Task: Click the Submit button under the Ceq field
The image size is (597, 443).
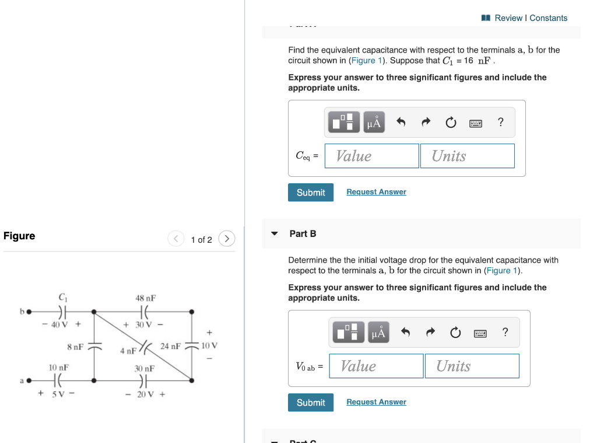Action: pyautogui.click(x=311, y=193)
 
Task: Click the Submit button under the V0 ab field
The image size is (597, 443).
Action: pyautogui.click(x=311, y=403)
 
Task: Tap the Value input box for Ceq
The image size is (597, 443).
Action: pyautogui.click(x=372, y=156)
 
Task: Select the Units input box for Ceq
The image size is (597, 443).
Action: pyautogui.click(x=467, y=156)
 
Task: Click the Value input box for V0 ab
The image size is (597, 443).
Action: pyautogui.click(x=376, y=366)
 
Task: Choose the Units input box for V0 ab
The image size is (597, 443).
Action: pyautogui.click(x=472, y=366)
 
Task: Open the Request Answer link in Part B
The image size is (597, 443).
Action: pyautogui.click(x=376, y=402)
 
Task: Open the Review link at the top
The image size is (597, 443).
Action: pyautogui.click(x=508, y=18)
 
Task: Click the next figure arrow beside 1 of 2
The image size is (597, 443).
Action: pyautogui.click(x=227, y=239)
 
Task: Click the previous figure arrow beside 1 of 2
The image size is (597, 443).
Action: pyautogui.click(x=176, y=239)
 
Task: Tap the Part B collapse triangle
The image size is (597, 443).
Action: pyautogui.click(x=275, y=233)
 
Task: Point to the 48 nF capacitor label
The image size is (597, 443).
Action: pyautogui.click(x=145, y=298)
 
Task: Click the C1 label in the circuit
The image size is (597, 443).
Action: pyautogui.click(x=62, y=297)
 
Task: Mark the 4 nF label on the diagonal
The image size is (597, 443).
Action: pyautogui.click(x=128, y=351)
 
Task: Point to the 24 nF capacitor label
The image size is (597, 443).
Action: pyautogui.click(x=171, y=346)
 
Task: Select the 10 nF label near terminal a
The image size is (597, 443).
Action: pyautogui.click(x=58, y=368)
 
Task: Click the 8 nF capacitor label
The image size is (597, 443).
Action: pyautogui.click(x=75, y=346)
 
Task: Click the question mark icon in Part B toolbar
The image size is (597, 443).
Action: pyautogui.click(x=505, y=332)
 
